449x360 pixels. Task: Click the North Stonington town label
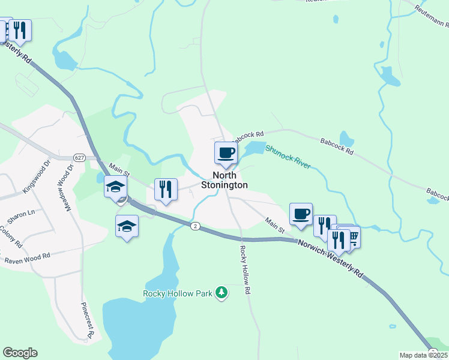point(224,180)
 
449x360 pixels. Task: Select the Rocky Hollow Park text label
point(178,293)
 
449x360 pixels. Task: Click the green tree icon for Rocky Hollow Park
point(222,292)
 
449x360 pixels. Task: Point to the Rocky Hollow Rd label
point(244,270)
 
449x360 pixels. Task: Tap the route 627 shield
point(79,157)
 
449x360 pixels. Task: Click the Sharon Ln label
point(23,212)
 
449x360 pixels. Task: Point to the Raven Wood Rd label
point(27,258)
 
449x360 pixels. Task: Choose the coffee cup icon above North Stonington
point(226,152)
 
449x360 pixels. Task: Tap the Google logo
point(20,353)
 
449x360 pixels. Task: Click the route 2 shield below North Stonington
point(195,226)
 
